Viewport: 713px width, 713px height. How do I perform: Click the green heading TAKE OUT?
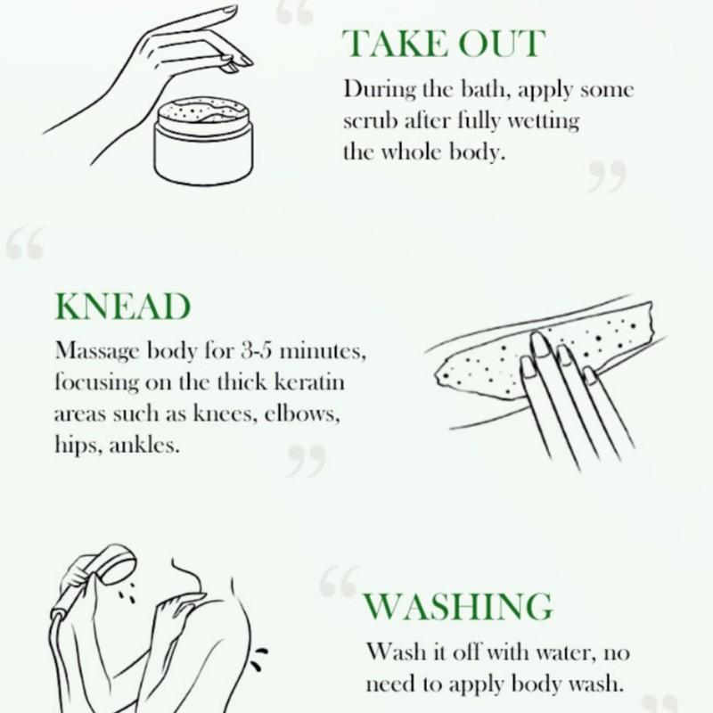pos(442,43)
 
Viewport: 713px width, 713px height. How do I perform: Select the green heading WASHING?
pos(457,607)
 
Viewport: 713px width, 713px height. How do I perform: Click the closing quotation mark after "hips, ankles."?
pos(306,462)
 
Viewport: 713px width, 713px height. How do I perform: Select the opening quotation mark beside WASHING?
pos(338,581)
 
